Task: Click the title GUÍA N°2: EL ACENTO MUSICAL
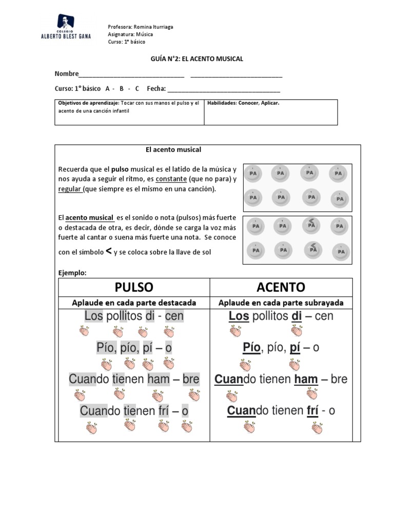(196, 59)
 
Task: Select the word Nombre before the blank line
(67, 74)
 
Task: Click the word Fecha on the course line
(156, 88)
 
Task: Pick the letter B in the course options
(122, 88)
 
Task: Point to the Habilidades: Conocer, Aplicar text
(243, 103)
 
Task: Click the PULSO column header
(134, 287)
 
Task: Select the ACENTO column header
(281, 287)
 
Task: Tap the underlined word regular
(69, 189)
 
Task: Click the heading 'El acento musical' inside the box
(173, 149)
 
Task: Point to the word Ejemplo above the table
(72, 273)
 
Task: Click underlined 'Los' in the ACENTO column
(239, 316)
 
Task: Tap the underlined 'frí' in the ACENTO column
(313, 411)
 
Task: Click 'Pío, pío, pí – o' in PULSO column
(134, 348)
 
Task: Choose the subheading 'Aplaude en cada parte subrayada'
(281, 303)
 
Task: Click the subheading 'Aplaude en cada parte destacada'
(134, 303)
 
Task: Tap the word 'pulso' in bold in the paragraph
(120, 169)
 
